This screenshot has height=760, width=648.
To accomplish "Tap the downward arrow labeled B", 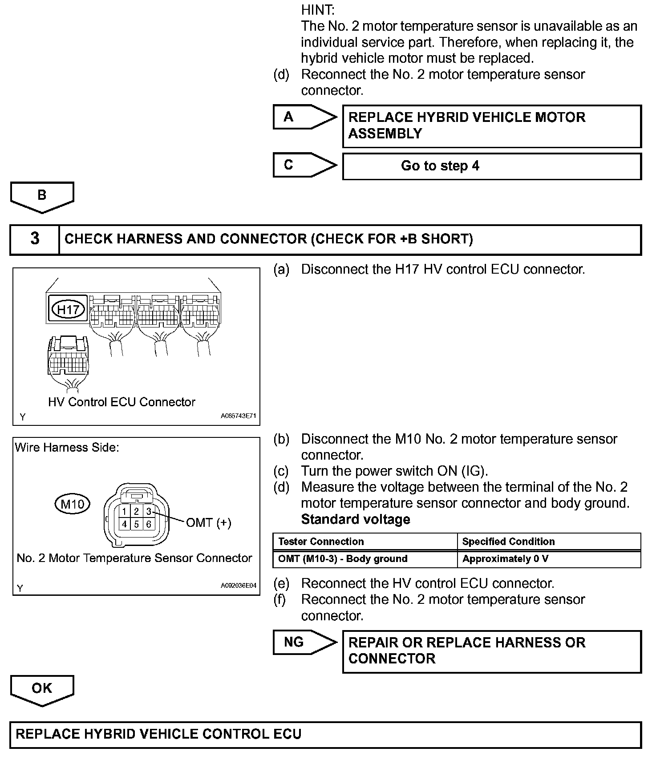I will click(x=42, y=196).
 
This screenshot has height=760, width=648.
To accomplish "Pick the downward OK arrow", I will click(x=42, y=689).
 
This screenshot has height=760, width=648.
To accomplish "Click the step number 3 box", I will click(x=35, y=239).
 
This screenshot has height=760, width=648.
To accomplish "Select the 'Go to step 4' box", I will click(x=491, y=166).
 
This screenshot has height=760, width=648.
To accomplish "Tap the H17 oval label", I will click(x=69, y=309).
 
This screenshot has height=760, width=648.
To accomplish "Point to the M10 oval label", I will click(x=72, y=504).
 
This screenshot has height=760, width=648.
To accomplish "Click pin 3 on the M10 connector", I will click(x=149, y=512).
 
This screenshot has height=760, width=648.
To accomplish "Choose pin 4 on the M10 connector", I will click(x=125, y=524).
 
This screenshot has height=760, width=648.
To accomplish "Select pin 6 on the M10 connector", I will click(x=149, y=524).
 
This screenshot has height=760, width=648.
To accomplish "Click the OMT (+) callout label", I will click(x=208, y=522).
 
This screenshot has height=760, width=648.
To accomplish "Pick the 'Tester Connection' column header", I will click(x=321, y=542).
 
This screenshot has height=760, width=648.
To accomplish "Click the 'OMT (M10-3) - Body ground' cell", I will click(x=343, y=559).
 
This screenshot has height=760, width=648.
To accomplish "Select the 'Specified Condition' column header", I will click(x=508, y=542).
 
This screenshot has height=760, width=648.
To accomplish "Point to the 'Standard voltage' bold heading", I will click(x=356, y=519).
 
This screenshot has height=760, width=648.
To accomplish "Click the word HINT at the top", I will click(x=318, y=9).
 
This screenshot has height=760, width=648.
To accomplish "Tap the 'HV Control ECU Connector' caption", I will click(x=121, y=402).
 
